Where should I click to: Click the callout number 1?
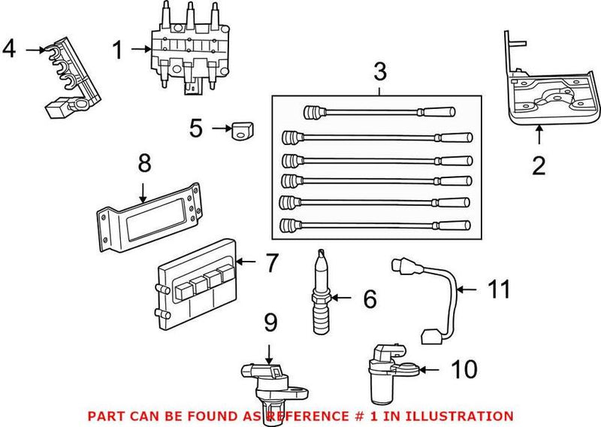(x=118, y=50)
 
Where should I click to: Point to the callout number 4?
(x=9, y=49)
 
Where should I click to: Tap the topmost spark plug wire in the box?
(x=379, y=113)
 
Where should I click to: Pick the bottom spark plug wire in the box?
(x=376, y=223)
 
